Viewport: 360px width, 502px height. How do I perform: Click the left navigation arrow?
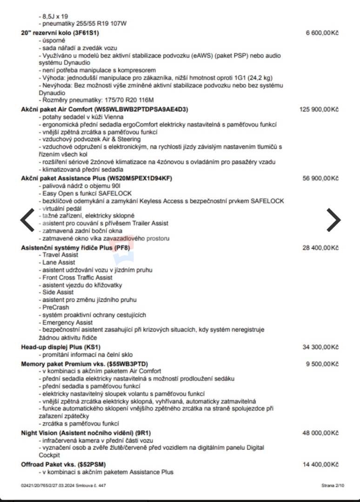click(27, 220)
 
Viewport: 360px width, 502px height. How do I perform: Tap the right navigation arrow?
click(333, 220)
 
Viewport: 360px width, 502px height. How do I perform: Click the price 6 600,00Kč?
click(322, 33)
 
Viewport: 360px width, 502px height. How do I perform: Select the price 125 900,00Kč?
click(319, 109)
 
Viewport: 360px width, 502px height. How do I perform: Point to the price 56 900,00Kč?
click(320, 178)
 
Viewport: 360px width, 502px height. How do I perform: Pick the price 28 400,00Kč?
click(320, 248)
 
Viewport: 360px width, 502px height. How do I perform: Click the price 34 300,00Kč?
click(320, 347)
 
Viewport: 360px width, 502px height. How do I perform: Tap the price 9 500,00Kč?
click(322, 364)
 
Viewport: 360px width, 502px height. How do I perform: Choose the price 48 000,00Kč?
click(320, 433)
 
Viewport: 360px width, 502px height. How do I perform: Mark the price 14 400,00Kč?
click(320, 464)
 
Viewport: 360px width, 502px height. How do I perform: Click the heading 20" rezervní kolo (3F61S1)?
click(60, 33)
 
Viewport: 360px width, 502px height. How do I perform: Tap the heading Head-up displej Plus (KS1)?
click(61, 347)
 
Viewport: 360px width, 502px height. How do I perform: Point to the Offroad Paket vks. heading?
click(63, 464)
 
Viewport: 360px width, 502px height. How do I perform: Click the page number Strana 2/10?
click(333, 485)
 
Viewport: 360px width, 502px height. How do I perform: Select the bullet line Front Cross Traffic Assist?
click(71, 277)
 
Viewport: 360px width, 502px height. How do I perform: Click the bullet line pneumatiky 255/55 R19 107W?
click(84, 23)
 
